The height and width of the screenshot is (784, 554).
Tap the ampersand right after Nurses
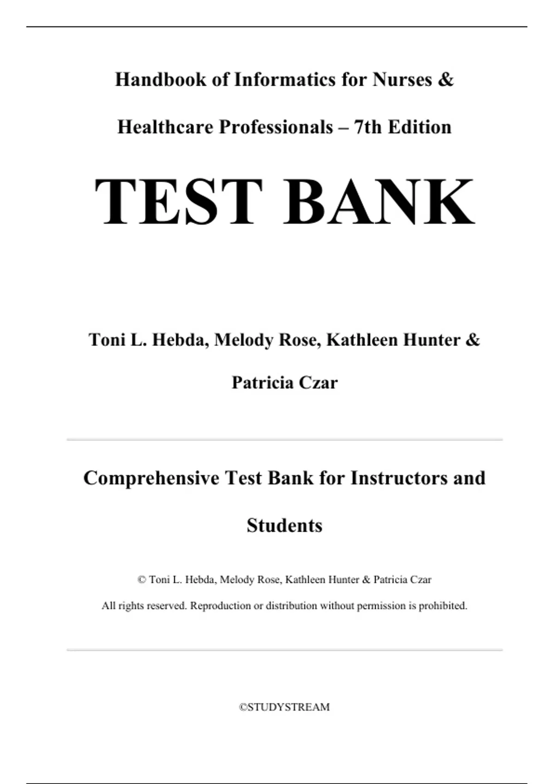click(446, 80)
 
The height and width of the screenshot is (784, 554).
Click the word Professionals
click(276, 127)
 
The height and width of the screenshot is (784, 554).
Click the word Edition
click(420, 127)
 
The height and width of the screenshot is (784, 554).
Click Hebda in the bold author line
click(178, 340)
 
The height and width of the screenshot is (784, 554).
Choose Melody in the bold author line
click(243, 340)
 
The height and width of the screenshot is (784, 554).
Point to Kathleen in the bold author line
click(362, 340)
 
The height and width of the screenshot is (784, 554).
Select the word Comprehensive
click(151, 478)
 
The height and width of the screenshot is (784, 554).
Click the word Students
click(284, 526)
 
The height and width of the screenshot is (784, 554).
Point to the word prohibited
click(443, 606)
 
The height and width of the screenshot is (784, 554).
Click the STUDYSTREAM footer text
click(284, 707)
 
